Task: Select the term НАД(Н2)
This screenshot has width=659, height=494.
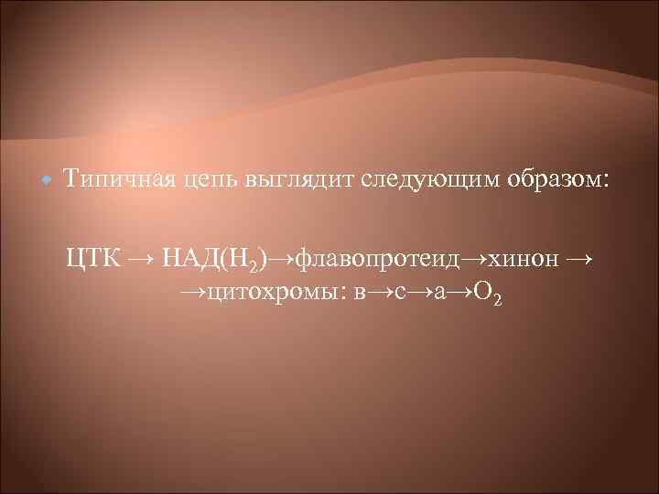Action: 216,259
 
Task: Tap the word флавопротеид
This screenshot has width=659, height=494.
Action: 392,259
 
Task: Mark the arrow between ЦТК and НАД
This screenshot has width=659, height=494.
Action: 141,258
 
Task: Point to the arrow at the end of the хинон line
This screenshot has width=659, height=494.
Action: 579,258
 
